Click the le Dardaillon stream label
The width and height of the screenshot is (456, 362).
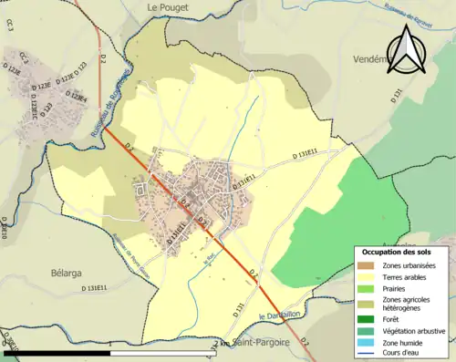click(279, 315)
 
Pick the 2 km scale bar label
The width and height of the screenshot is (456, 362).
click(222, 344)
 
